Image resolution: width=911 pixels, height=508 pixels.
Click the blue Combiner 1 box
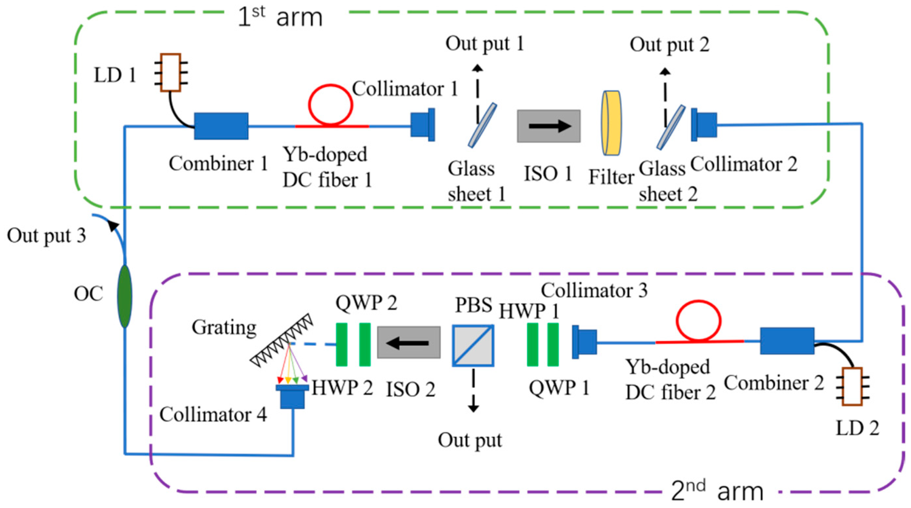coord(221,126)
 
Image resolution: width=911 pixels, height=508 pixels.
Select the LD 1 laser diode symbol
coord(171,73)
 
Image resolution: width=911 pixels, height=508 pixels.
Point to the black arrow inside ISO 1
coord(550,126)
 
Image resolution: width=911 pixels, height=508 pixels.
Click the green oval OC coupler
coord(125,296)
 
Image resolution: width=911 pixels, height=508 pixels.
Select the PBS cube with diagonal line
coord(473,345)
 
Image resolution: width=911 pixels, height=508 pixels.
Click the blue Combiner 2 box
coord(787,341)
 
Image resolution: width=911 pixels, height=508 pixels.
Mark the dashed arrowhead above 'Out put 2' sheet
coord(665,72)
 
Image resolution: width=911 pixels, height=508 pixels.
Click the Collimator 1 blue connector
coord(423,125)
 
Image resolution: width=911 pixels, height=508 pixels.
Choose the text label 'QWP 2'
coord(366,303)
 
